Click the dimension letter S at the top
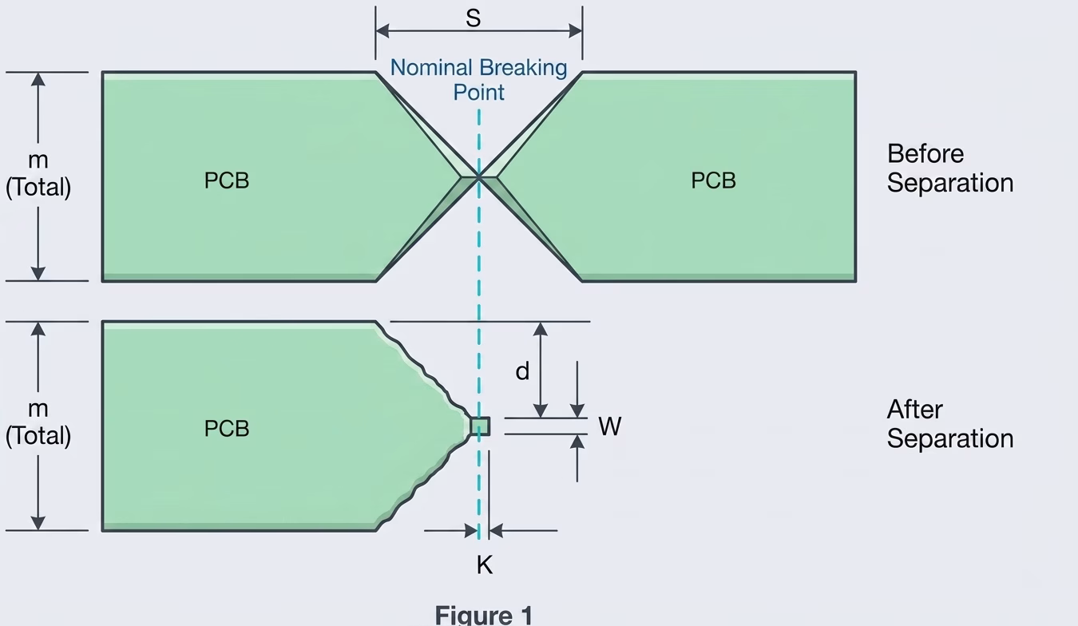(474, 18)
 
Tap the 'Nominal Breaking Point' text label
(478, 80)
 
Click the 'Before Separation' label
(949, 168)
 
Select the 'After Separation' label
(949, 424)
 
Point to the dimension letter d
(522, 371)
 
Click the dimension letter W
(609, 426)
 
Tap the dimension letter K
(484, 565)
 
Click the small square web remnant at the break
(480, 426)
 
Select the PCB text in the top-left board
(227, 180)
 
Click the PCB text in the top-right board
(713, 180)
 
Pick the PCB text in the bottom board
(227, 429)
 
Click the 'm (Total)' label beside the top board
(38, 175)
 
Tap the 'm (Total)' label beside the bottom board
(38, 422)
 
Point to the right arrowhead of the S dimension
(576, 31)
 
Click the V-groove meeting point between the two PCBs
(479, 176)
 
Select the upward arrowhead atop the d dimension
(541, 329)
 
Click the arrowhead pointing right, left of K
(472, 530)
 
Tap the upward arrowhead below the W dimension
(577, 442)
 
